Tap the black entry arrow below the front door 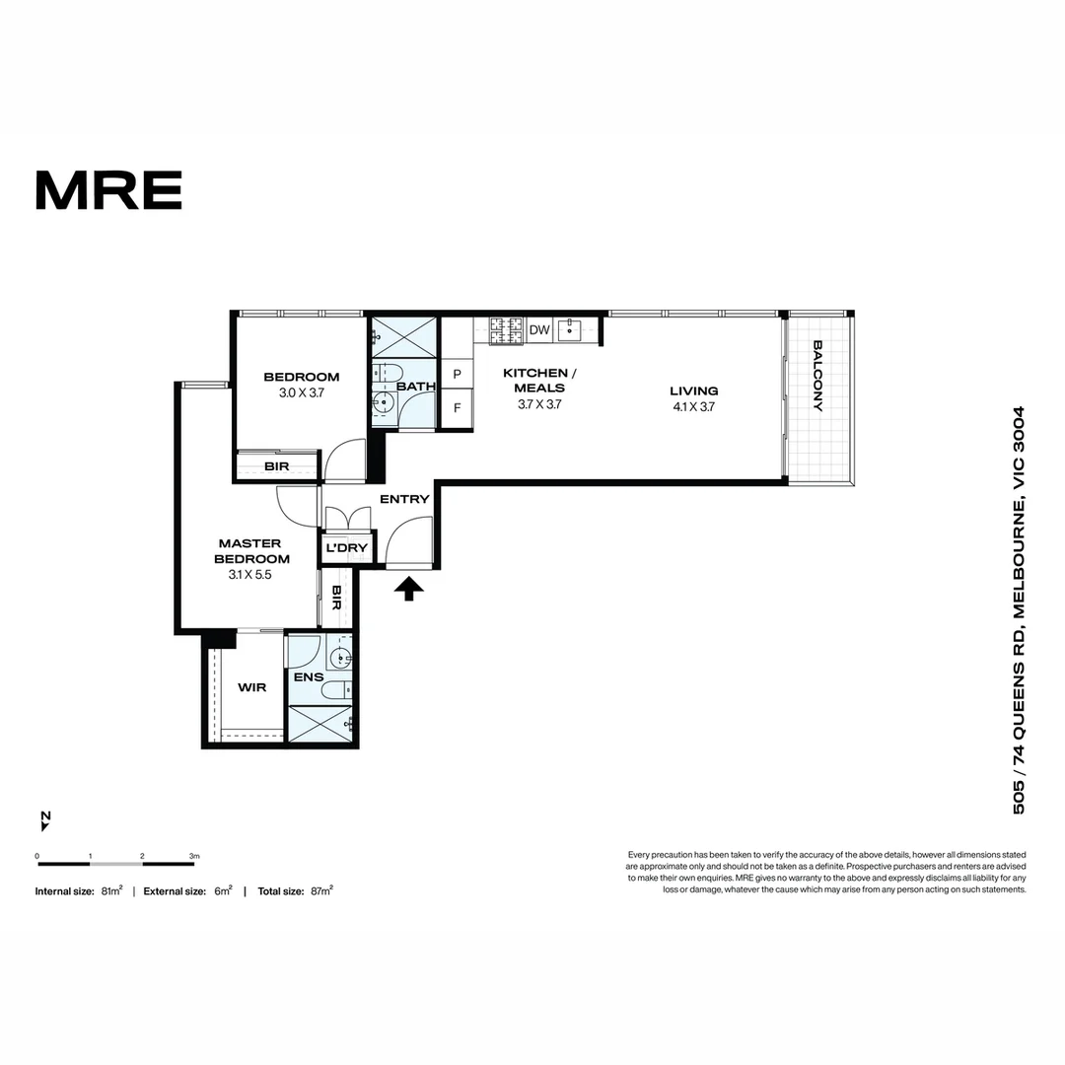tap(409, 588)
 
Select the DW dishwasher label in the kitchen tap(539, 330)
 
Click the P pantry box tap(458, 374)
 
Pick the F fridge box tap(458, 408)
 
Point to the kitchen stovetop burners tap(507, 330)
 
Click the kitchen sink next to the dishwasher tap(569, 330)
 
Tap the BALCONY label tap(817, 376)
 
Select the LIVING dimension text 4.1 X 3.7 tap(693, 407)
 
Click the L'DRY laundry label tap(346, 547)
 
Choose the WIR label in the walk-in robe tap(252, 687)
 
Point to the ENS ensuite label tap(309, 677)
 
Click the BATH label tap(416, 386)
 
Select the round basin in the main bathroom tap(383, 402)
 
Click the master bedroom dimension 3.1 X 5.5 tap(249, 575)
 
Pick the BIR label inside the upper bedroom tap(276, 465)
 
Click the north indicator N tap(45, 816)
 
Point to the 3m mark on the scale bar tap(194, 857)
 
